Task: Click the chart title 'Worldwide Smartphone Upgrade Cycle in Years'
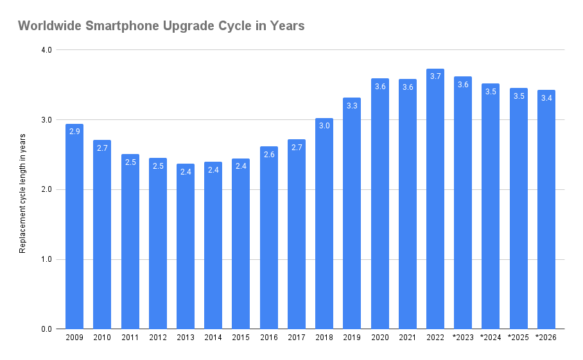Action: click(161, 26)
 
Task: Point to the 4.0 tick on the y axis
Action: click(46, 50)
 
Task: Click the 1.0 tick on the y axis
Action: click(46, 259)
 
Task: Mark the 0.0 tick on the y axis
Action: click(46, 329)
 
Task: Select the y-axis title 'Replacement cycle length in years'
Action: click(22, 193)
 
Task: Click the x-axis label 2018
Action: click(324, 338)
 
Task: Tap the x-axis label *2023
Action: click(463, 338)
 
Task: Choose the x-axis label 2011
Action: click(130, 338)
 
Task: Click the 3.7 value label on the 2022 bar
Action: click(435, 76)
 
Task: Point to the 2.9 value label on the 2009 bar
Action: click(74, 132)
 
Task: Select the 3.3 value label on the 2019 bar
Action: click(352, 105)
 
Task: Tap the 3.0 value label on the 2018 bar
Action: click(324, 126)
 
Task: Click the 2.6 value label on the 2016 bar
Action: click(269, 154)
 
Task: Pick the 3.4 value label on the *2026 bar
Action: click(546, 98)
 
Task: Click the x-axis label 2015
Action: click(241, 338)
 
